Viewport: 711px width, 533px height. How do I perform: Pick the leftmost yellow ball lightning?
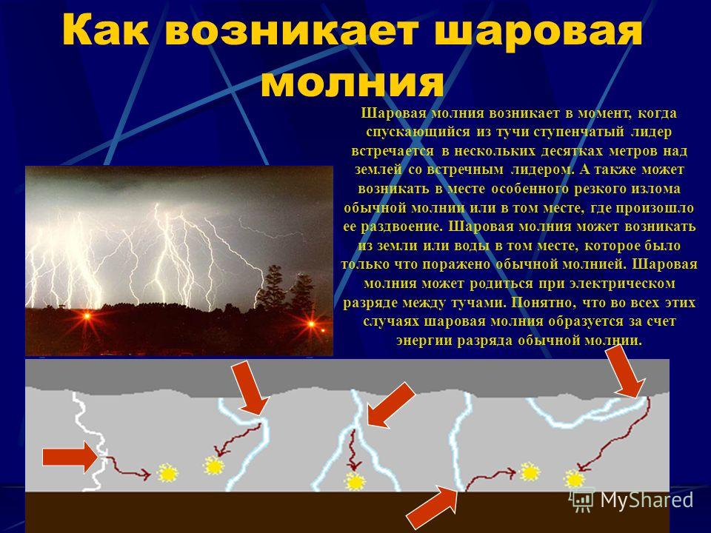tap(168, 472)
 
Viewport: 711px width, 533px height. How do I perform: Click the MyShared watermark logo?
tap(633, 500)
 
